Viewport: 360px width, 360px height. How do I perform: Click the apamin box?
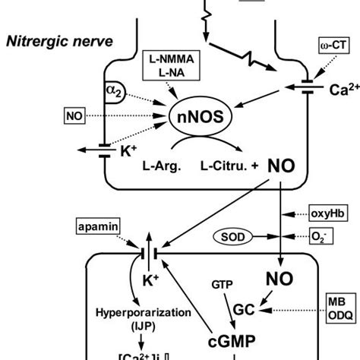(96, 227)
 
